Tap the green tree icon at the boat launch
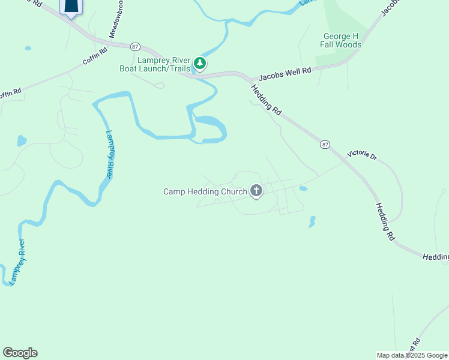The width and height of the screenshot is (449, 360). (x=200, y=64)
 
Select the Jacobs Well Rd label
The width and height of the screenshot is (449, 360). (x=285, y=74)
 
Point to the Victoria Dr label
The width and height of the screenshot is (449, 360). (x=361, y=155)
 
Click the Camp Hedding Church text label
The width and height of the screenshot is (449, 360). (x=205, y=192)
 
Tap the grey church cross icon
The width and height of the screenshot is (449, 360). (x=256, y=191)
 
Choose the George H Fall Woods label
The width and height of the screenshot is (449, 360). (x=342, y=40)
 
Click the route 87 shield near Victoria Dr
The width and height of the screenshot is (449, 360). (x=325, y=145)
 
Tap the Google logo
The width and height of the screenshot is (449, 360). (x=20, y=353)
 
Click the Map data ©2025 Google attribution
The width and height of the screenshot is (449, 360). (x=412, y=355)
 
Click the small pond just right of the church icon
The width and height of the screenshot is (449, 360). (x=303, y=188)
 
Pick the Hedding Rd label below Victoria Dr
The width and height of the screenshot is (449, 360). (x=385, y=222)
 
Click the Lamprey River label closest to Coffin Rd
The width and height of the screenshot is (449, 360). (x=109, y=154)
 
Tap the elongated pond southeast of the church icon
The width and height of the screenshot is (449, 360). (x=312, y=222)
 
